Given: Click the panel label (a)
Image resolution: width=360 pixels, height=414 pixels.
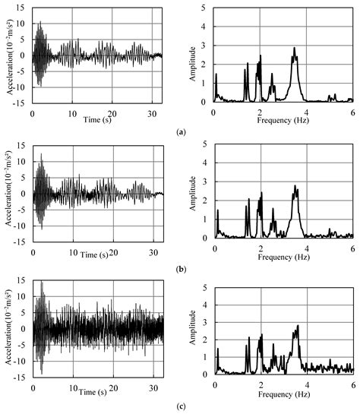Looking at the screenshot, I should [180, 132].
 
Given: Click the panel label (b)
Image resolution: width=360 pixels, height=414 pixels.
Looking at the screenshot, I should [180, 269].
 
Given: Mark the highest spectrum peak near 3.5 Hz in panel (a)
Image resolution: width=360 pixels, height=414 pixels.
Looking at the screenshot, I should [294, 49].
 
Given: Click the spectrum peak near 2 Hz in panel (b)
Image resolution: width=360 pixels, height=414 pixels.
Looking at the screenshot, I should [261, 194].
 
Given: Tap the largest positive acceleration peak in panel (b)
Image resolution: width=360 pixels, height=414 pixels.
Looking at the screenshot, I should [41, 155].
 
